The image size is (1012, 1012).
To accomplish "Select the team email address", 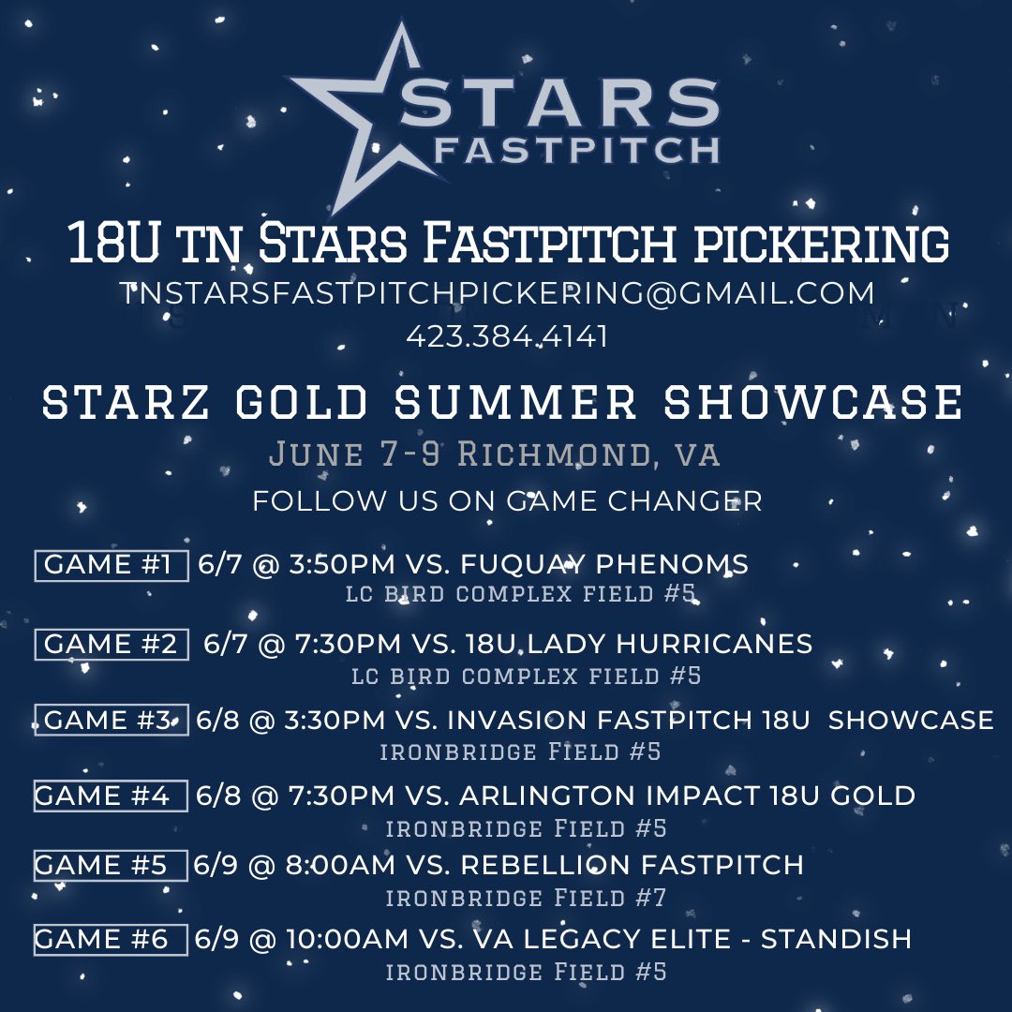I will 498,293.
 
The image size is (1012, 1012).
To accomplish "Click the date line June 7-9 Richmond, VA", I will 495,455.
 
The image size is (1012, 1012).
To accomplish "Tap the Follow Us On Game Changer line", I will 507,501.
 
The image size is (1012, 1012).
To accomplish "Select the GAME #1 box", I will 112,565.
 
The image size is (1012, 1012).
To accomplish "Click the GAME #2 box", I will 112,644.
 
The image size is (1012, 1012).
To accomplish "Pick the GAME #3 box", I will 112,720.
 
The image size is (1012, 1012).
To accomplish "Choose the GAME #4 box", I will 110,796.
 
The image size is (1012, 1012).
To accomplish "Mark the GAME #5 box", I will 110,865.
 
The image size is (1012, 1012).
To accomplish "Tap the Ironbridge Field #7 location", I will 526,898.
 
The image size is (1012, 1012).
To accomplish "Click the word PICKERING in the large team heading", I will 822,245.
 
